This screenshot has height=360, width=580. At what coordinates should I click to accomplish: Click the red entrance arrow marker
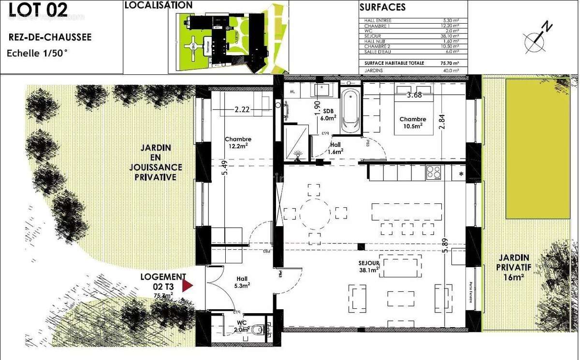(x=187, y=287)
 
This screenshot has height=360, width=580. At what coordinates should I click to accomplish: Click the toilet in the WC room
(x=260, y=330)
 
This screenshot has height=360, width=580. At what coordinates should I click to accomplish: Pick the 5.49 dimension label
(x=224, y=168)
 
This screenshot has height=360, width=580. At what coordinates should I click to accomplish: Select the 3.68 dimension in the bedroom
(x=414, y=95)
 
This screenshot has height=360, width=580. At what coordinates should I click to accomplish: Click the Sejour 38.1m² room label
(x=368, y=266)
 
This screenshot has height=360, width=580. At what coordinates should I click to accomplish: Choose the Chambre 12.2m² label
(x=237, y=142)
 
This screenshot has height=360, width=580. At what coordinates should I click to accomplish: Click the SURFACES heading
(x=382, y=7)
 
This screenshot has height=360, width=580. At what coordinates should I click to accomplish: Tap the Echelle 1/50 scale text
(x=37, y=54)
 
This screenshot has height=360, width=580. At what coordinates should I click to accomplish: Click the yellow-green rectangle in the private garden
(x=536, y=149)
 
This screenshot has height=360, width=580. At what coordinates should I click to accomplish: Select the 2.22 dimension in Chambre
(x=242, y=110)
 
